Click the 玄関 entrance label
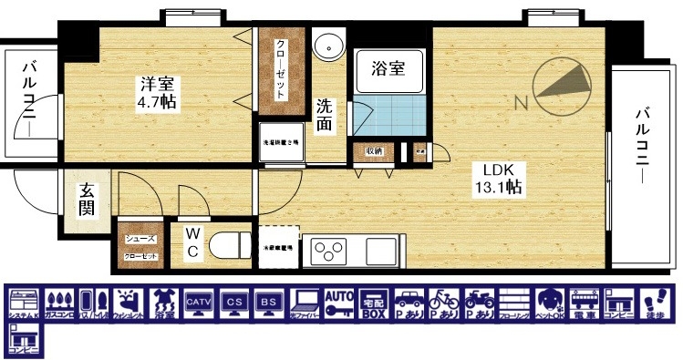pyautogui.click(x=87, y=200)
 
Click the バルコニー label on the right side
pyautogui.click(x=644, y=146)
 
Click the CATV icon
pyautogui.click(x=198, y=303)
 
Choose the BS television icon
pyautogui.click(x=268, y=303)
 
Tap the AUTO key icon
pyautogui.click(x=338, y=303)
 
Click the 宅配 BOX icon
pyautogui.click(x=374, y=303)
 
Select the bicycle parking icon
pyautogui.click(x=444, y=303)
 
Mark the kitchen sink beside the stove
pyautogui.click(x=379, y=248)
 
